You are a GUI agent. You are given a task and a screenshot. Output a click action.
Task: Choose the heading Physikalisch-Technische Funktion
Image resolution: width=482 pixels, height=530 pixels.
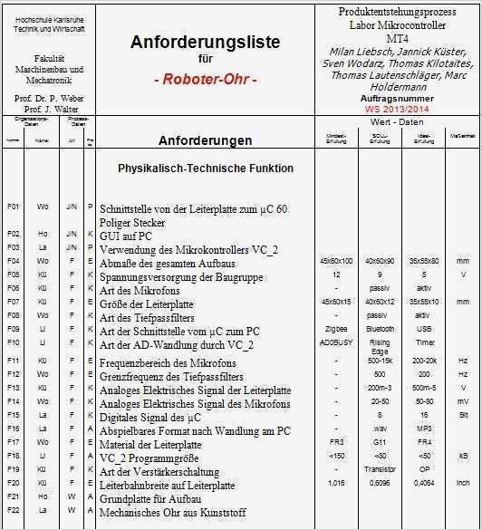point(206,169)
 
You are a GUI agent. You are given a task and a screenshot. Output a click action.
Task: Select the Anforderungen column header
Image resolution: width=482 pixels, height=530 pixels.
point(205,141)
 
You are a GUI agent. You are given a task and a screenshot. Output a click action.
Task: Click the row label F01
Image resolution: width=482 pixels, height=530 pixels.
point(13,207)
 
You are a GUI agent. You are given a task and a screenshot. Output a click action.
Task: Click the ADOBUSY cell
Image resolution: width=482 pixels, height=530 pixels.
point(336,344)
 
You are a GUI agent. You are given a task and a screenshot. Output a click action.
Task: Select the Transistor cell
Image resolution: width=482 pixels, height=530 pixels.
point(380,469)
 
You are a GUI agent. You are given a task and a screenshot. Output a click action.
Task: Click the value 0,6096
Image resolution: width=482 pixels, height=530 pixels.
point(380,484)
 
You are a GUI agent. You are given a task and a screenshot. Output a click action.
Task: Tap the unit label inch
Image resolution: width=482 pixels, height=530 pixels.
point(462,484)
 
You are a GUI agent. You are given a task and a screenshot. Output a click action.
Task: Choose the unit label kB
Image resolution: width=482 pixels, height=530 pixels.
point(462,455)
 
